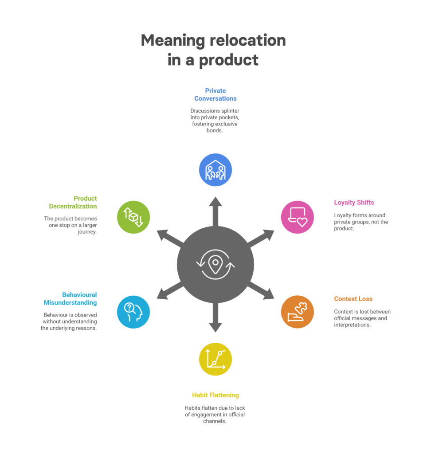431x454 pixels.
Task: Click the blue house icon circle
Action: pos(215,170)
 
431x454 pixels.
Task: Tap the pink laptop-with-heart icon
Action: pos(298,217)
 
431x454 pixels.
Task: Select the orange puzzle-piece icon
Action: pos(298,312)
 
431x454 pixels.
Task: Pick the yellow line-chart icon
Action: pos(215,359)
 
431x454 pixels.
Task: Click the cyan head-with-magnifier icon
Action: pos(133,312)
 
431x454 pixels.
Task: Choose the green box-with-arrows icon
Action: pos(133,217)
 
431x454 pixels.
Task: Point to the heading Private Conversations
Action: pos(215,94)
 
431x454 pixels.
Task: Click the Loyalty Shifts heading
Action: pos(354,203)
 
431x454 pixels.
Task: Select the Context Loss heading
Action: pos(353,299)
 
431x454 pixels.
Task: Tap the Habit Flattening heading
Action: pos(215,395)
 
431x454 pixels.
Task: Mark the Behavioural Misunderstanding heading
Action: pos(70,299)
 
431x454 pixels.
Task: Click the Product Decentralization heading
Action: pos(73,202)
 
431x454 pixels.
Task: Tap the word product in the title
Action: pos(229,59)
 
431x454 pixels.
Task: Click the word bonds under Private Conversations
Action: pos(215,131)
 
